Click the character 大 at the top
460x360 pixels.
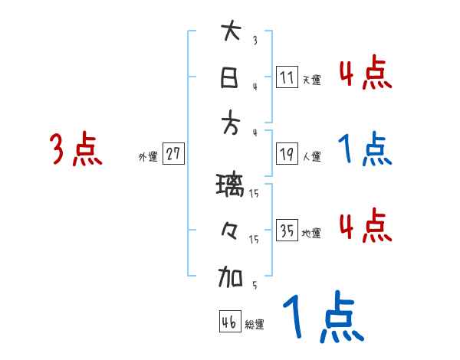231,33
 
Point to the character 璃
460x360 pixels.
231,186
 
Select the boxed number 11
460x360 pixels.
287,77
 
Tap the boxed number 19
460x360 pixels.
287,153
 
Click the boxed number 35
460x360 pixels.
287,230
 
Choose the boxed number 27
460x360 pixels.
173,154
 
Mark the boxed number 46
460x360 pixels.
229,322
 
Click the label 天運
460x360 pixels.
311,80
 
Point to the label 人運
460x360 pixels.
311,156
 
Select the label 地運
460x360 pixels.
311,233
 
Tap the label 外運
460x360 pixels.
148,156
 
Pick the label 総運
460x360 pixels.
255,325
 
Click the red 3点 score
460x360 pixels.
76,149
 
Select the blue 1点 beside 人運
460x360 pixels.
365,149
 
